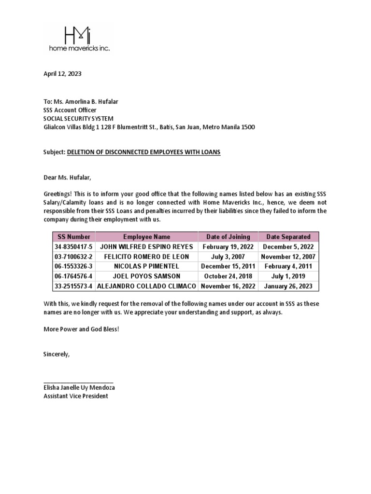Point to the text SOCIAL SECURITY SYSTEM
coord(79,118)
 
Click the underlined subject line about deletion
coord(143,152)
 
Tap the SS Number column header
coord(74,237)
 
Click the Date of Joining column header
coord(228,237)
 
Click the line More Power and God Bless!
coord(81,329)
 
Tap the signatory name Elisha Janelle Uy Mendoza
coord(79,388)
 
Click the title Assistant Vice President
coord(76,396)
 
